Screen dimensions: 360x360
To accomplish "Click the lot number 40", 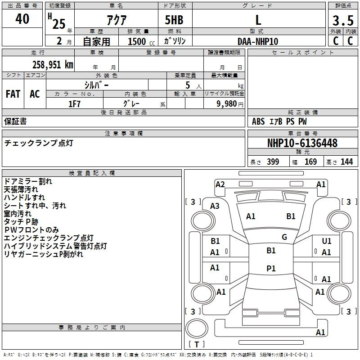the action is pos(22,19).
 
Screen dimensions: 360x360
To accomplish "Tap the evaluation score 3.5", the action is pos(343,21).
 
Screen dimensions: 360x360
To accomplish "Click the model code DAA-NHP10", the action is pos(258,41).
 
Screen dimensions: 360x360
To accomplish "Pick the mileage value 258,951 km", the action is pos(53,64).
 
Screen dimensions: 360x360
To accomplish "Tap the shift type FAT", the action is pos(13,94).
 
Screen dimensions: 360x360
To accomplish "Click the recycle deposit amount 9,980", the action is pos(227,104).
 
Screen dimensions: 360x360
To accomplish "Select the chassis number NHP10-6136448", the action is pos(302,143).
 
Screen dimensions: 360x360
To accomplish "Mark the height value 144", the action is pos(346,162).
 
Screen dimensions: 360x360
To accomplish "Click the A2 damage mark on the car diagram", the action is pos(220,184).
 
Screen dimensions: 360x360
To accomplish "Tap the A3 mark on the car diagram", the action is pos(215,206).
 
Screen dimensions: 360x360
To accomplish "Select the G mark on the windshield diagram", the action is pos(284,237).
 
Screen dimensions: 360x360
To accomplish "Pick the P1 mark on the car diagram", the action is pos(271,268).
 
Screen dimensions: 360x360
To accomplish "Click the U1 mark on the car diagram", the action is pos(327,241).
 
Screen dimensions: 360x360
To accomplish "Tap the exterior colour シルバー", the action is pos(96,85).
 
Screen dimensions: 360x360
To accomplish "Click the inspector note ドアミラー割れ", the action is pos(28,181).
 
